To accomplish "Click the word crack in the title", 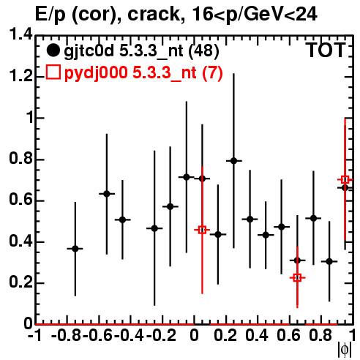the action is coord(154,14).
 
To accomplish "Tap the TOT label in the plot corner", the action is coord(326,50).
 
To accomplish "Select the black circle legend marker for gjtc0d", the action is coord(53,50).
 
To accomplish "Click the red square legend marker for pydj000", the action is coord(53,72).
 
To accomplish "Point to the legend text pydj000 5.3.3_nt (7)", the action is coord(143,72).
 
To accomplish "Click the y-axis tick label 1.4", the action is coord(20,35).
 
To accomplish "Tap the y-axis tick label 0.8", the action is coord(20,159).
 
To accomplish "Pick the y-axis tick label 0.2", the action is coord(20,282).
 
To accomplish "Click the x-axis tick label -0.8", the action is coord(66,335).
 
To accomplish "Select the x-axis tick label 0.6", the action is coord(288,335).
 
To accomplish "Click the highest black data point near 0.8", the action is coord(234,161).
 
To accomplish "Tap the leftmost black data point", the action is coord(75,249).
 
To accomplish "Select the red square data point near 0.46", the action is coord(202,230).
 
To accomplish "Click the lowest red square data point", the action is coord(297,277).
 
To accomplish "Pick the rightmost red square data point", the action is coord(345,180).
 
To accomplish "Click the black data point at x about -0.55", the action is coord(107,194).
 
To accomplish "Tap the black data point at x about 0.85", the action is coord(329,261).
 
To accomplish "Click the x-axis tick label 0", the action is coord(194,335).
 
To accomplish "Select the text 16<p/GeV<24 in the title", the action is coord(255,15).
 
